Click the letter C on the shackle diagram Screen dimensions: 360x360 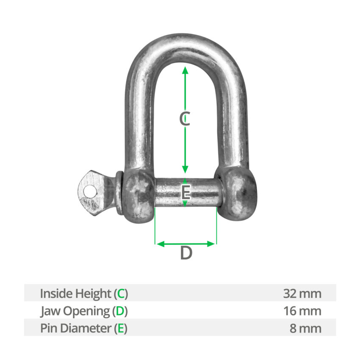click(x=185, y=119)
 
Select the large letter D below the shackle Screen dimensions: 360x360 click(x=186, y=253)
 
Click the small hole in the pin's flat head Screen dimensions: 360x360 click(x=89, y=191)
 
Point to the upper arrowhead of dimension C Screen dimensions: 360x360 click(x=185, y=70)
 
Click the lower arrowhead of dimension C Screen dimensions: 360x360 click(x=185, y=169)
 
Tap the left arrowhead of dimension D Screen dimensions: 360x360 click(x=160, y=244)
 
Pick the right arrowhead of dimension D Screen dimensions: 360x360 click(x=211, y=244)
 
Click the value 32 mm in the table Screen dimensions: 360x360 click(x=302, y=294)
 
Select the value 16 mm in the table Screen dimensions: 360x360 click(x=302, y=311)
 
